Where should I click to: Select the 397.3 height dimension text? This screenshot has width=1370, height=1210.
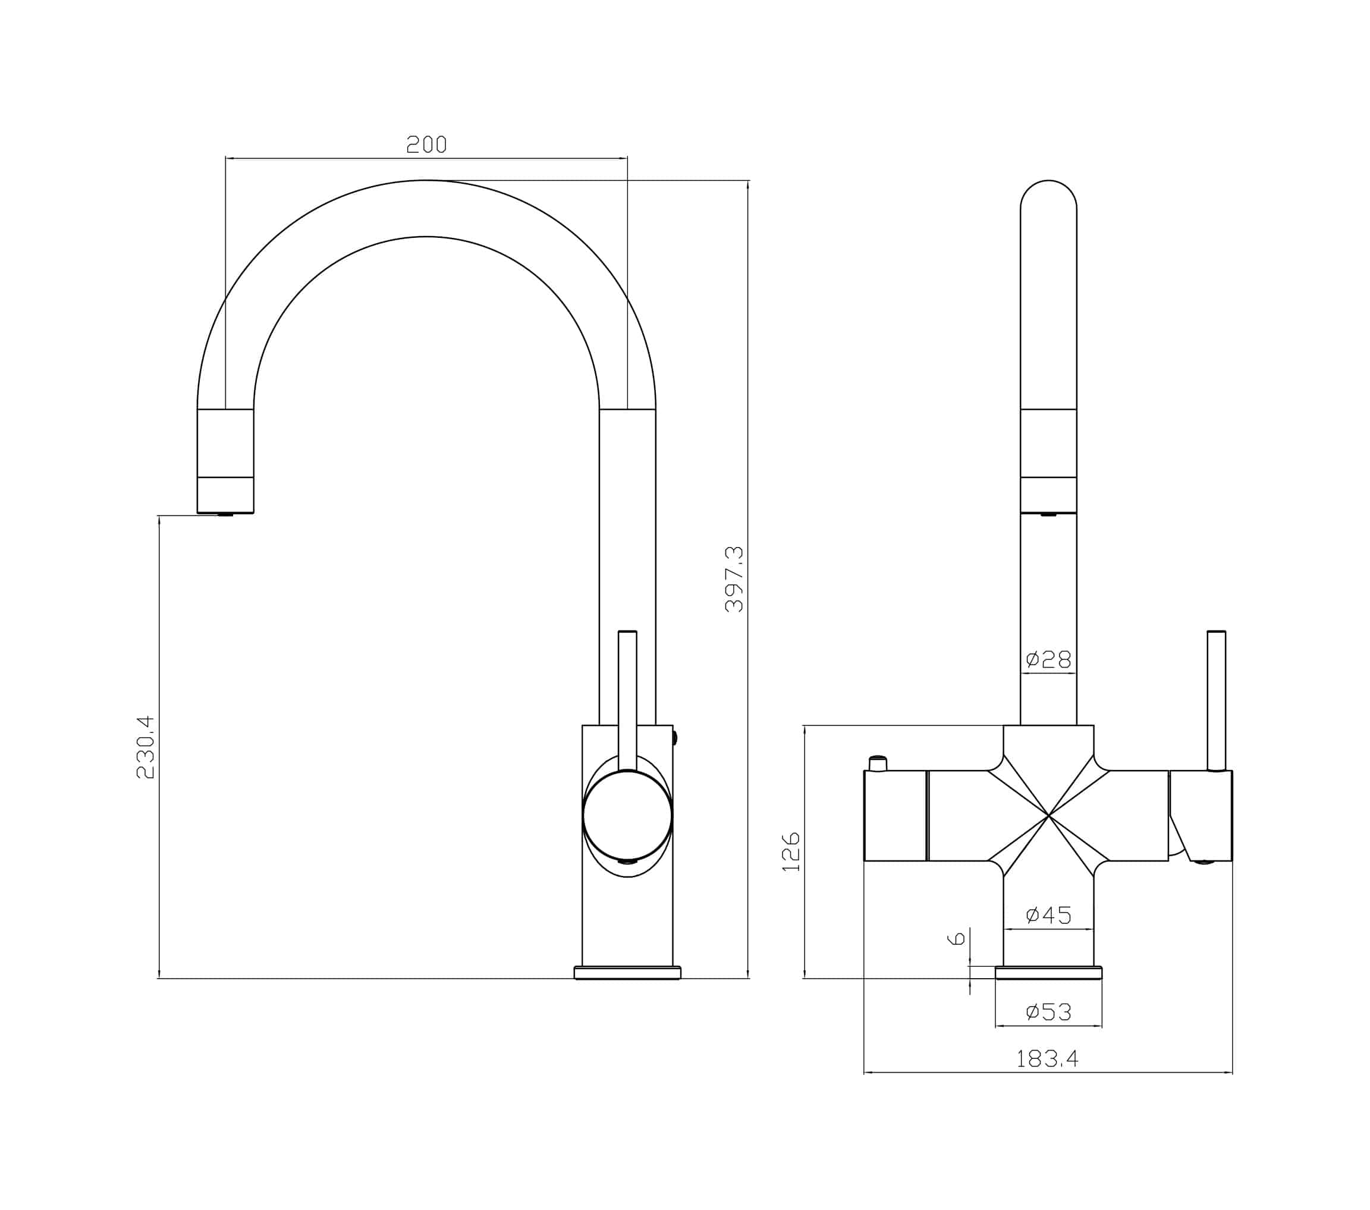734,579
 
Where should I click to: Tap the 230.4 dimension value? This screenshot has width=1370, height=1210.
146,747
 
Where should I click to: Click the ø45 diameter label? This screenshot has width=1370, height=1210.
1049,915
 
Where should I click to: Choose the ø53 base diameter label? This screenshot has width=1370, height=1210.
1049,1011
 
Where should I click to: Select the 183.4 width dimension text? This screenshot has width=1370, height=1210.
1048,1058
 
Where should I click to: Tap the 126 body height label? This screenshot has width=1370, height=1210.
791,852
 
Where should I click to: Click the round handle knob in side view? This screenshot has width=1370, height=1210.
627,816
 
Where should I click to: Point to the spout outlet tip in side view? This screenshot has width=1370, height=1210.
225,514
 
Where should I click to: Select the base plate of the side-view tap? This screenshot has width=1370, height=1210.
627,973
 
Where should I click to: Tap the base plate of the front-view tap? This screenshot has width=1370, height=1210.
1049,973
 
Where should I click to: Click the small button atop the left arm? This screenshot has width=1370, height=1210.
878,763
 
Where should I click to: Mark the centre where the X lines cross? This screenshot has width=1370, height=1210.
1048,816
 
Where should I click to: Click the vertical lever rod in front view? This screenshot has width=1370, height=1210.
1217,700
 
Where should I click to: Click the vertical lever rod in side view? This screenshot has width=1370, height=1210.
627,697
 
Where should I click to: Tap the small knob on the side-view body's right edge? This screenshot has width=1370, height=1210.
675,738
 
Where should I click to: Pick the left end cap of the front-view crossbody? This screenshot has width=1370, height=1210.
895,816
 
